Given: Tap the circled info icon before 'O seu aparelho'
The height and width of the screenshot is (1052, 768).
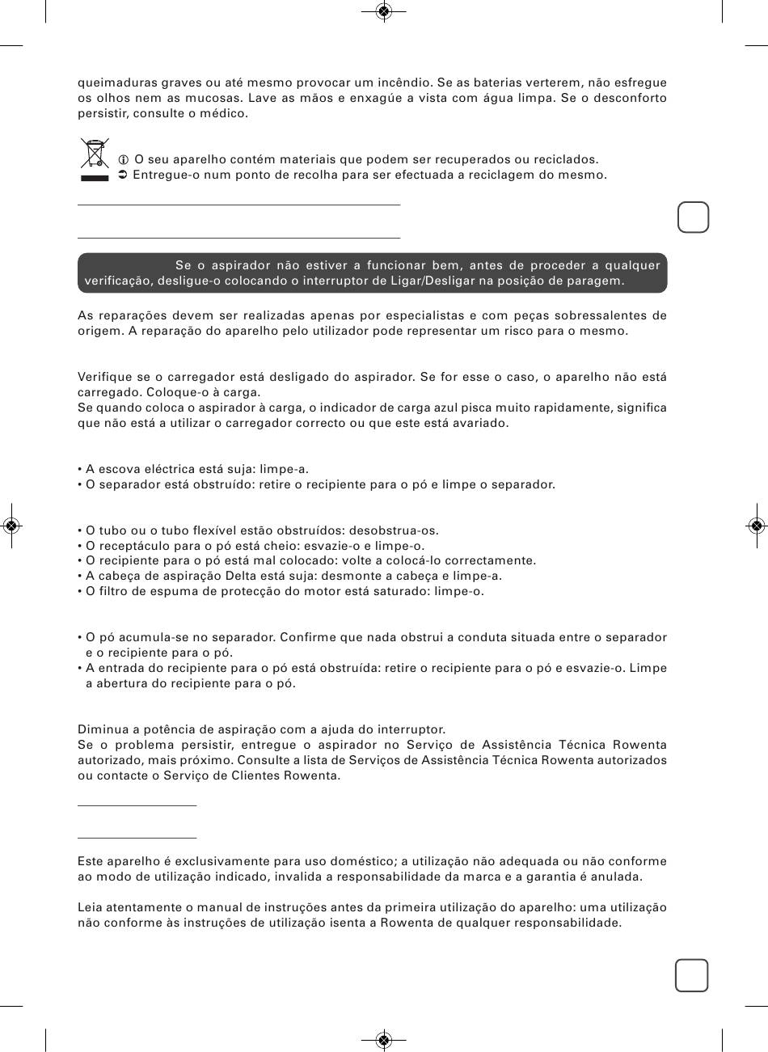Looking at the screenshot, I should pos(124,159).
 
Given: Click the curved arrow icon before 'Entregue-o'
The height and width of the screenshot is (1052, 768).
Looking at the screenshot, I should pos(124,175).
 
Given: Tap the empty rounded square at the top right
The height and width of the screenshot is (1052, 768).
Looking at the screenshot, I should pos(693,217).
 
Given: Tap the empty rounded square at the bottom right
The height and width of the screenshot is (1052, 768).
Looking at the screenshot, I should pos(692,975).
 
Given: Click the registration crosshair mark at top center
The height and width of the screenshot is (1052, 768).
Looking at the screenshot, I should pos(384,11).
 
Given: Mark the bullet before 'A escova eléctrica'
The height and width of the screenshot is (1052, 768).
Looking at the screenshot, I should pos(80,470).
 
